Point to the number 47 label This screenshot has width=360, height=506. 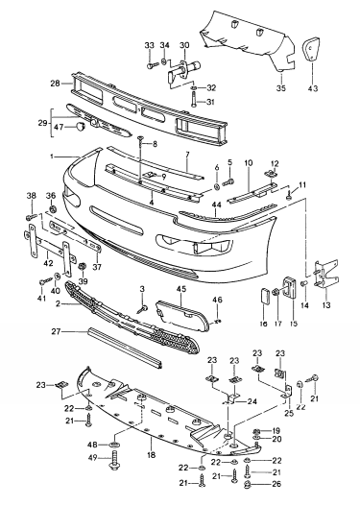[59, 127]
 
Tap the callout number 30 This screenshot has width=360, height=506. [183, 45]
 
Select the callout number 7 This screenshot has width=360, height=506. [189, 154]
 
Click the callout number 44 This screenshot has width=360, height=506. [217, 205]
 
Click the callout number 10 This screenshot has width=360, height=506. [247, 163]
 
